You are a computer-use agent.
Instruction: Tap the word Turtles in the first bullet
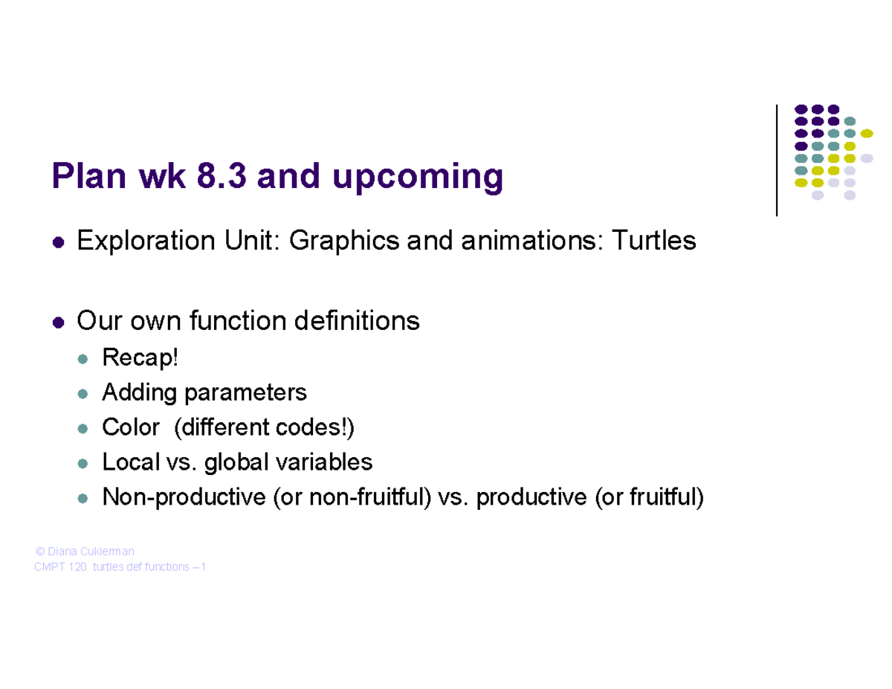click(x=653, y=241)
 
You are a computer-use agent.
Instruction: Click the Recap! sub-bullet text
click(x=140, y=358)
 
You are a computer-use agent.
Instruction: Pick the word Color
click(x=130, y=427)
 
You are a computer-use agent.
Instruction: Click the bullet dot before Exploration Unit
click(x=58, y=242)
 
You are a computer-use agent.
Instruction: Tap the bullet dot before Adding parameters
click(x=83, y=393)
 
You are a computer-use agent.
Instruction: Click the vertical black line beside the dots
click(x=776, y=160)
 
